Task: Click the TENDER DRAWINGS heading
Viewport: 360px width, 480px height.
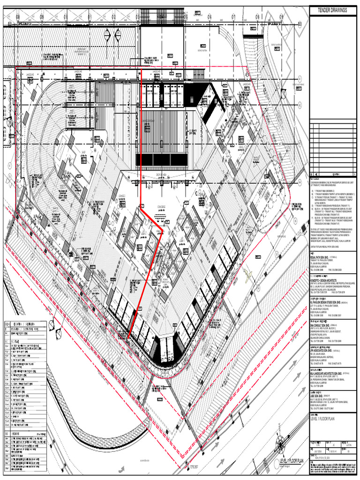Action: [333, 10]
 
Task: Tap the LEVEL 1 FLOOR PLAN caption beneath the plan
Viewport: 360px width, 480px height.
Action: [292, 461]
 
